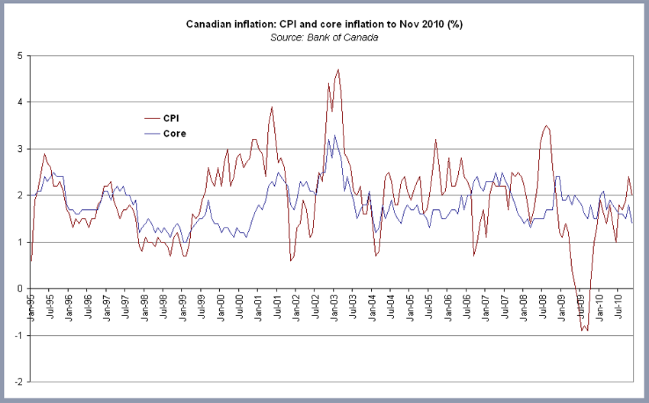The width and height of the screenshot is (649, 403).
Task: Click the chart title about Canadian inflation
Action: pos(324,24)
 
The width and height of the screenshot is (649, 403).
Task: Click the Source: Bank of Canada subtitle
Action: pos(324,37)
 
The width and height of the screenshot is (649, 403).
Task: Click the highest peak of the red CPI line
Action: pos(337,69)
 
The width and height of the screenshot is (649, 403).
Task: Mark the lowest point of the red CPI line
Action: pos(587,330)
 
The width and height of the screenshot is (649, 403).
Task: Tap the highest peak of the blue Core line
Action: pos(334,135)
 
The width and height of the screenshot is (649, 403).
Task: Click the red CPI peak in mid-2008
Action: pos(546,125)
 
